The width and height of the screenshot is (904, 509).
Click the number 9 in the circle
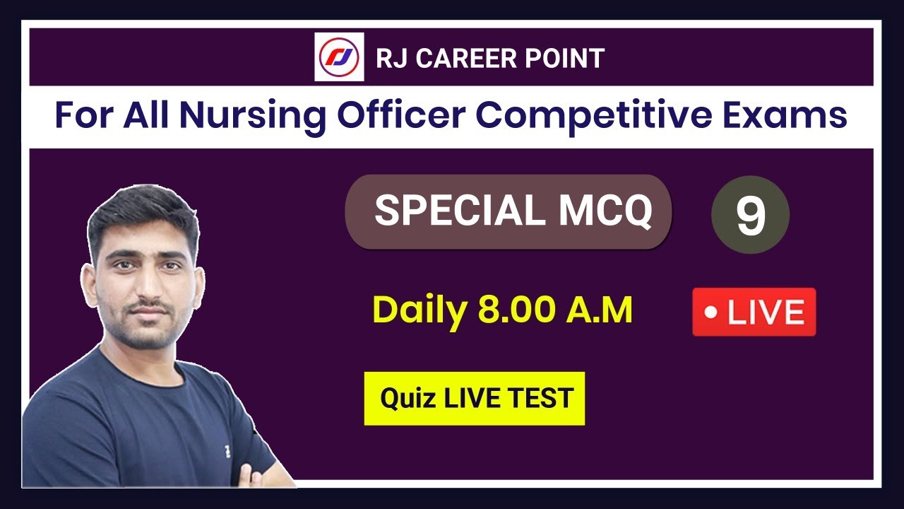pyautogui.click(x=751, y=216)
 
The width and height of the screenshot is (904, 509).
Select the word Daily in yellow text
pyautogui.click(x=420, y=310)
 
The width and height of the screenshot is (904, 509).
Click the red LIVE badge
pyautogui.click(x=754, y=312)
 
